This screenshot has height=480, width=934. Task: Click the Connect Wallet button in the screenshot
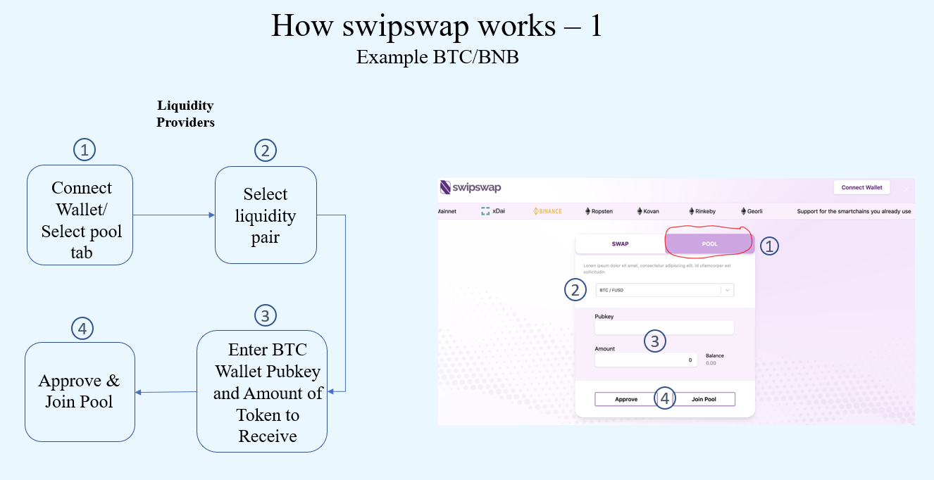pyautogui.click(x=861, y=187)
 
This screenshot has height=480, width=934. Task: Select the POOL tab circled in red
pyautogui.click(x=709, y=244)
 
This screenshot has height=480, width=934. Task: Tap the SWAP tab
pyautogui.click(x=620, y=244)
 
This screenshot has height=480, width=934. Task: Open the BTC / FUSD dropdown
pyautogui.click(x=664, y=290)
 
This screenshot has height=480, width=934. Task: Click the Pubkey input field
pyautogui.click(x=664, y=327)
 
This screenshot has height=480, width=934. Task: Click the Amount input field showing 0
pyautogui.click(x=645, y=360)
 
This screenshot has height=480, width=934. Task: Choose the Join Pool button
pyautogui.click(x=704, y=399)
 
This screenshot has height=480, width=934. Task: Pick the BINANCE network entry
pyautogui.click(x=547, y=211)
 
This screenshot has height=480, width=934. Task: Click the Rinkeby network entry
pyautogui.click(x=701, y=211)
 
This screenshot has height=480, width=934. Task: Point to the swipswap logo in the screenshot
pyautogui.click(x=471, y=187)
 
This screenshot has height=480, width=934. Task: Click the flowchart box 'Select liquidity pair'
pyautogui.click(x=266, y=215)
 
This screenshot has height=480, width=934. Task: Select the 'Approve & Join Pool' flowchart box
pyautogui.click(x=80, y=391)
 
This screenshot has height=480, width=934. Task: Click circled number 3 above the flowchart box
pyautogui.click(x=265, y=315)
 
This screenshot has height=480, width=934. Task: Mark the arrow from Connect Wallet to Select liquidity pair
pyautogui.click(x=173, y=215)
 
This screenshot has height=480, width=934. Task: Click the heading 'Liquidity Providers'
pyautogui.click(x=185, y=113)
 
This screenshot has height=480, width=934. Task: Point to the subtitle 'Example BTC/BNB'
pyautogui.click(x=437, y=57)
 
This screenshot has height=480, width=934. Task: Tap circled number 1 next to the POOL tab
pyautogui.click(x=770, y=246)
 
